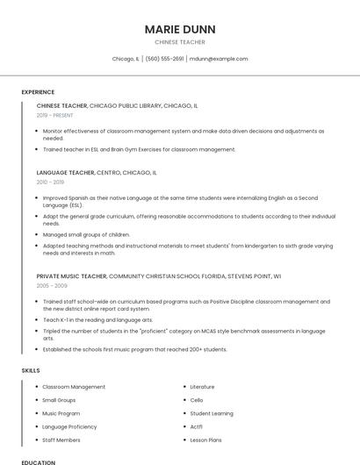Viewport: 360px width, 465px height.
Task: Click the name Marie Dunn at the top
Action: [x=180, y=29]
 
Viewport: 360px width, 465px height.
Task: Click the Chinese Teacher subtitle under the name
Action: [x=180, y=41]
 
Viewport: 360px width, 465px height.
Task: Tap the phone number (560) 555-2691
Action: [x=164, y=59]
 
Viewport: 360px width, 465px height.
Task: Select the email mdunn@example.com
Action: [x=219, y=59]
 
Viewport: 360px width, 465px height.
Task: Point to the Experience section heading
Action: [x=38, y=92]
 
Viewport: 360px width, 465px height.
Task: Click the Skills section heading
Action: [x=31, y=370]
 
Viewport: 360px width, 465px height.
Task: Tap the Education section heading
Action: [x=38, y=461]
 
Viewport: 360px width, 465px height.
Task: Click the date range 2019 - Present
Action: [x=55, y=115]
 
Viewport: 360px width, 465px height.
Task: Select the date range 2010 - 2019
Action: [x=50, y=182]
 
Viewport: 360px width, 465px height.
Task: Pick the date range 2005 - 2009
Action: [x=52, y=286]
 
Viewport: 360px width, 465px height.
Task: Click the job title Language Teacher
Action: [x=66, y=173]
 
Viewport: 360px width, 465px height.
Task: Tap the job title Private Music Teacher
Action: [x=72, y=276]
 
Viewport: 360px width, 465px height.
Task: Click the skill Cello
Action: [x=197, y=400]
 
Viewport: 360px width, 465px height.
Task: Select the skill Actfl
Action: [x=197, y=426]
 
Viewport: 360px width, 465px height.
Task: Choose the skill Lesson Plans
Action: [x=205, y=440]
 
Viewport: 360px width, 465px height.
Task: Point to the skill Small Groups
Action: [x=59, y=400]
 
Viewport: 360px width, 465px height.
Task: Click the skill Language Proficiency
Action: [x=69, y=426]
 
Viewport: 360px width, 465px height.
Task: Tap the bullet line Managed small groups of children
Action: [x=86, y=235]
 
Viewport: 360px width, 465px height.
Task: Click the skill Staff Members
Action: [x=61, y=440]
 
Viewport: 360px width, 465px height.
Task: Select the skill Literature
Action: [x=202, y=387]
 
